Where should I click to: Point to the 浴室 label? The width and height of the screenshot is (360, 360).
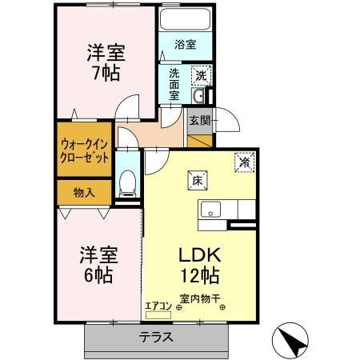pos(185,45)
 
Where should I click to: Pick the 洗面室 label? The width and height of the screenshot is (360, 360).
pos(174,83)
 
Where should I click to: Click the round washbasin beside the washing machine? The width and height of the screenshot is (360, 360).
pos(201,97)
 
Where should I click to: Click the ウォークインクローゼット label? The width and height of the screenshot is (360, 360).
pos(84,151)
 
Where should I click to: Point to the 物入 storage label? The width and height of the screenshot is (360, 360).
pos(84,192)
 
